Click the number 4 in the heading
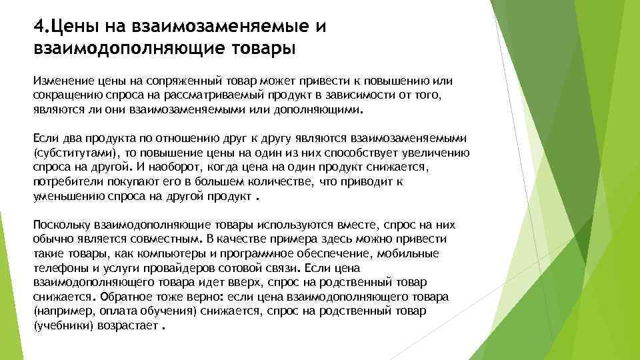[38, 27]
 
